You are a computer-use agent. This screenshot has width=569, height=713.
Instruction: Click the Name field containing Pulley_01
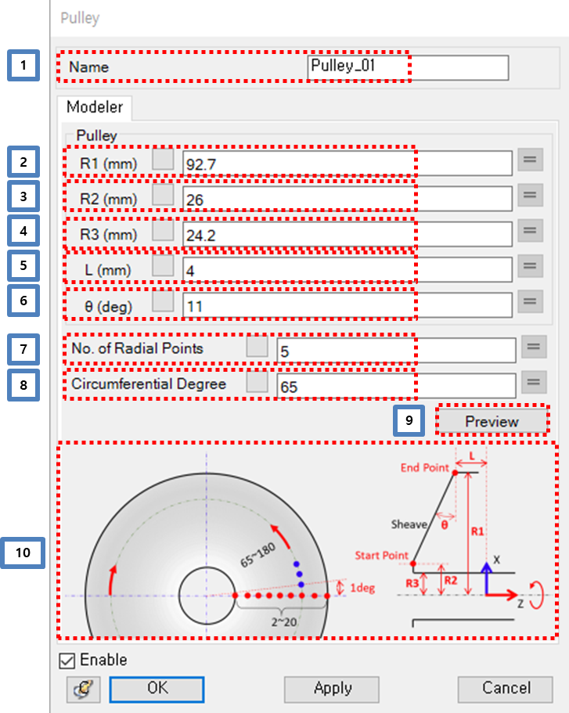tap(407, 67)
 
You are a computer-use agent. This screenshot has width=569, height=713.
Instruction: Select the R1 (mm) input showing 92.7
tap(347, 163)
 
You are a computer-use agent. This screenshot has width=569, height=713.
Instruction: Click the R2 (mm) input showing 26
tap(347, 199)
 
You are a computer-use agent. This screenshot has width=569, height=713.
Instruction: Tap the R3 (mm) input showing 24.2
tap(347, 234)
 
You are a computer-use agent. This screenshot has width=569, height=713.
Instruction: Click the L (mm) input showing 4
tap(347, 268)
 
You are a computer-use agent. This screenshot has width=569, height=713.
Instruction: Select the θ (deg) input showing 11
tap(347, 304)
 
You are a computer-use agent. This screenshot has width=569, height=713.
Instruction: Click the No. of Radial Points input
tap(395, 350)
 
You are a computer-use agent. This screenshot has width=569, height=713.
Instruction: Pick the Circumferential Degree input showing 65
tap(395, 385)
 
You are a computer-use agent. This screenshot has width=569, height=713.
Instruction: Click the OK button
tap(157, 688)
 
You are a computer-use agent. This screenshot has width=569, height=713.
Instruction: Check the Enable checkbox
tap(68, 661)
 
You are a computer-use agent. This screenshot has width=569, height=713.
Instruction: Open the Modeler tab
tap(95, 106)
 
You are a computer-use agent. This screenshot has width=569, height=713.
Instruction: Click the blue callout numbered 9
tap(409, 420)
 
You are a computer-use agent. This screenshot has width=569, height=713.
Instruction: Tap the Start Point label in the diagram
tap(381, 556)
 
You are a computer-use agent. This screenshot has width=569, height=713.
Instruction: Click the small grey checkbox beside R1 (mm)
tap(163, 162)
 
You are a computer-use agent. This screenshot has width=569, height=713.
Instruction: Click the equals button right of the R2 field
tap(529, 196)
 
